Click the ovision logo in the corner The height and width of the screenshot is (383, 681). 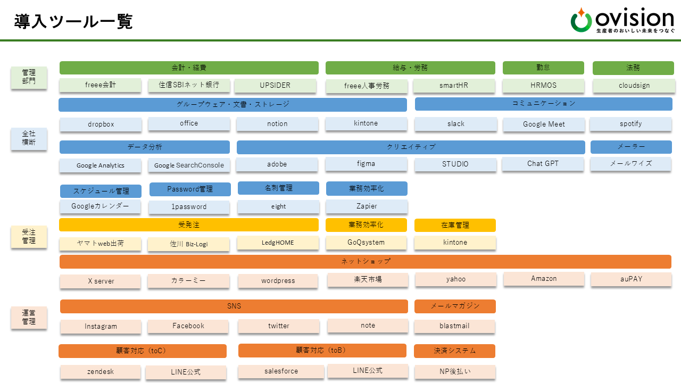[x=622, y=21]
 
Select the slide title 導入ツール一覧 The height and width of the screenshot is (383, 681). [x=73, y=22]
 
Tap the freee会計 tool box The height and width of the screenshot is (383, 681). [x=101, y=85]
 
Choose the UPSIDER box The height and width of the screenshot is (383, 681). [x=275, y=86]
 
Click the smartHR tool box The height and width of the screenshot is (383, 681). [x=454, y=86]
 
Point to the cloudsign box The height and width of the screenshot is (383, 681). [x=634, y=86]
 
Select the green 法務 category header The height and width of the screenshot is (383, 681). [x=633, y=68]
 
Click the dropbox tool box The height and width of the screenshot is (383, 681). [x=101, y=124]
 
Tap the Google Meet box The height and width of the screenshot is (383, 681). [x=544, y=124]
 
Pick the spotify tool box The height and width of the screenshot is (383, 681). [x=631, y=124]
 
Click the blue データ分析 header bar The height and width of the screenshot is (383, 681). [x=145, y=147]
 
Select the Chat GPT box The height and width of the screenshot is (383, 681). [x=543, y=164]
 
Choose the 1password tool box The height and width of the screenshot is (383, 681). [x=189, y=207]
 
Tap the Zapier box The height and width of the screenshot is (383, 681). [x=367, y=206]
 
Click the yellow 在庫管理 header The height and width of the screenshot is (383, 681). [x=455, y=226]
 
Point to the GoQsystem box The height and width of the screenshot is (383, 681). [x=366, y=243]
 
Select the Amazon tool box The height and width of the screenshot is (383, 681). [x=544, y=279]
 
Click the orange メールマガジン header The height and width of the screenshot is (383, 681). [x=455, y=306]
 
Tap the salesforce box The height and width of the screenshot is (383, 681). [x=281, y=371]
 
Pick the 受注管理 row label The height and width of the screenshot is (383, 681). [x=29, y=237]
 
